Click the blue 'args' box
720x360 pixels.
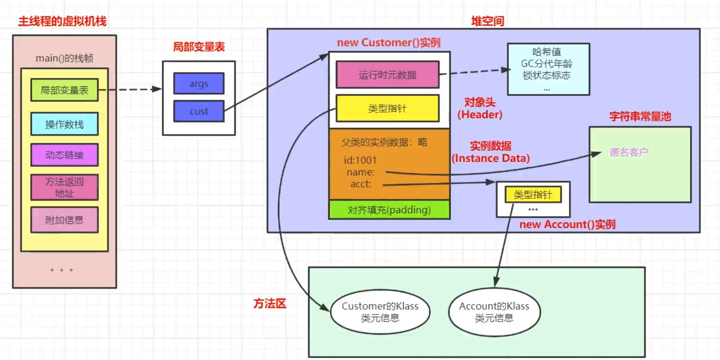click(198, 84)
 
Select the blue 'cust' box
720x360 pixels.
click(198, 111)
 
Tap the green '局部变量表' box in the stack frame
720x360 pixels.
click(64, 90)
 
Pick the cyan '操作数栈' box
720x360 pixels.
click(64, 124)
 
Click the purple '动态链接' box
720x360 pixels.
click(64, 155)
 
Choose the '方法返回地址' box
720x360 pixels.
click(64, 187)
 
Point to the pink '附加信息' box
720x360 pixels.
click(64, 220)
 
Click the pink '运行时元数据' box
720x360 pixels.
click(387, 75)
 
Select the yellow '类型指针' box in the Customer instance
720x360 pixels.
click(387, 108)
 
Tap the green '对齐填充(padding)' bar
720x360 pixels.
click(389, 210)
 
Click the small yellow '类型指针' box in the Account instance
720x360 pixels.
click(533, 194)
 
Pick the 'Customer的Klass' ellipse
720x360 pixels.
click(380, 312)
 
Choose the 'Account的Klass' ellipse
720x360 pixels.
click(494, 312)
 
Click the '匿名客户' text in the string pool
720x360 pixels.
click(629, 152)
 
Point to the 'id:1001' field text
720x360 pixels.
click(360, 160)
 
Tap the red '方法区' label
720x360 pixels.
click(270, 304)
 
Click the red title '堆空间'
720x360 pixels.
click(487, 21)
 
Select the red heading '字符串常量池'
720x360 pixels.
click(640, 116)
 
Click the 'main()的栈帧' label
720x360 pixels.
click(64, 58)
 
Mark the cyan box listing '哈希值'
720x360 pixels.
click(548, 69)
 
